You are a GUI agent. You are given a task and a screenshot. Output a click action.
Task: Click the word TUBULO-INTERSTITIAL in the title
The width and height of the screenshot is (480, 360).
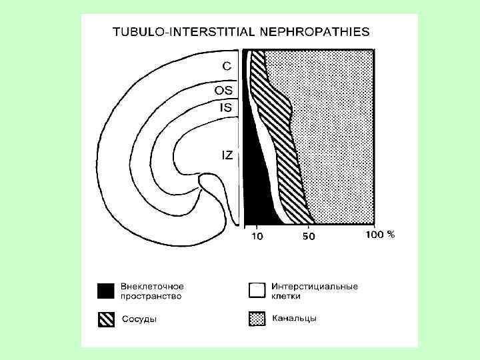tap(183, 31)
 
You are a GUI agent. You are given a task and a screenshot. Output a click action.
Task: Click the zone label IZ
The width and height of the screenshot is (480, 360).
tap(227, 155)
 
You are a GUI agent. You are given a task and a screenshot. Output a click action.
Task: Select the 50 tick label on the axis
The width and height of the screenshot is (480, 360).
tap(309, 235)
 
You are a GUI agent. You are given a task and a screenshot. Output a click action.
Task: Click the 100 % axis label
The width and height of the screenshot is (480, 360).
tap(381, 235)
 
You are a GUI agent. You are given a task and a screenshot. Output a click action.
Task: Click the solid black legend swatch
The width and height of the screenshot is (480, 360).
tap(106, 291)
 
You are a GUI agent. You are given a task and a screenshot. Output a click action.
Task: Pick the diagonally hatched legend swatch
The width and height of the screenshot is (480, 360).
tap(106, 319)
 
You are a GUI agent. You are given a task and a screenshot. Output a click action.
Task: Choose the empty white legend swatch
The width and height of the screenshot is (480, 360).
tap(255, 291)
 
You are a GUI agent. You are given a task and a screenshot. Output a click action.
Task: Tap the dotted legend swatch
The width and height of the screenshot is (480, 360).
tap(255, 319)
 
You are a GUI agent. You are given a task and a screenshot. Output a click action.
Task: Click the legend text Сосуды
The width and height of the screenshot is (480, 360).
tap(139, 319)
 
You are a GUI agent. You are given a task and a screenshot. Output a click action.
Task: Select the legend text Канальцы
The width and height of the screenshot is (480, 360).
tap(294, 319)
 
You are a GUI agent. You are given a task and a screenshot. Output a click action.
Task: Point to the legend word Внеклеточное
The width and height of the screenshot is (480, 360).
tap(153, 287)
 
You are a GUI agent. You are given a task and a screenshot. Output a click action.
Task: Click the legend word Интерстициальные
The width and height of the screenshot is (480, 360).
tap(315, 287)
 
